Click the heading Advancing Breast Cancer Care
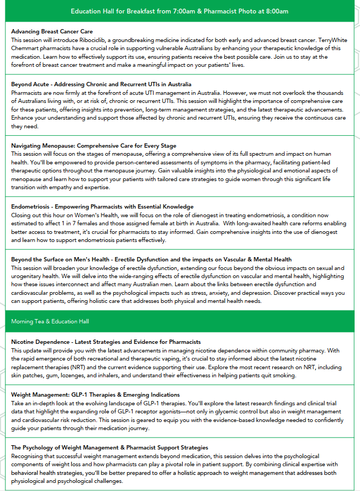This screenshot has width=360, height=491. [x=52, y=32]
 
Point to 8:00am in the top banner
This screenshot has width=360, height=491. [x=273, y=11]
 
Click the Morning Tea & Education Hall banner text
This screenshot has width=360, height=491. [x=50, y=321]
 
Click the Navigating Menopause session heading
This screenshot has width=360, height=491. [x=93, y=146]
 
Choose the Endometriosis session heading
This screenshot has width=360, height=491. [x=102, y=206]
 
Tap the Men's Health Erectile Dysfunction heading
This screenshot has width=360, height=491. [x=151, y=260]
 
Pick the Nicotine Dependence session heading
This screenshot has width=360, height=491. [x=106, y=342]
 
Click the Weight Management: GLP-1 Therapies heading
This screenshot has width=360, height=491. [x=95, y=395]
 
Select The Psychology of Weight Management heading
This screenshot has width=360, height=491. [x=109, y=448]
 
